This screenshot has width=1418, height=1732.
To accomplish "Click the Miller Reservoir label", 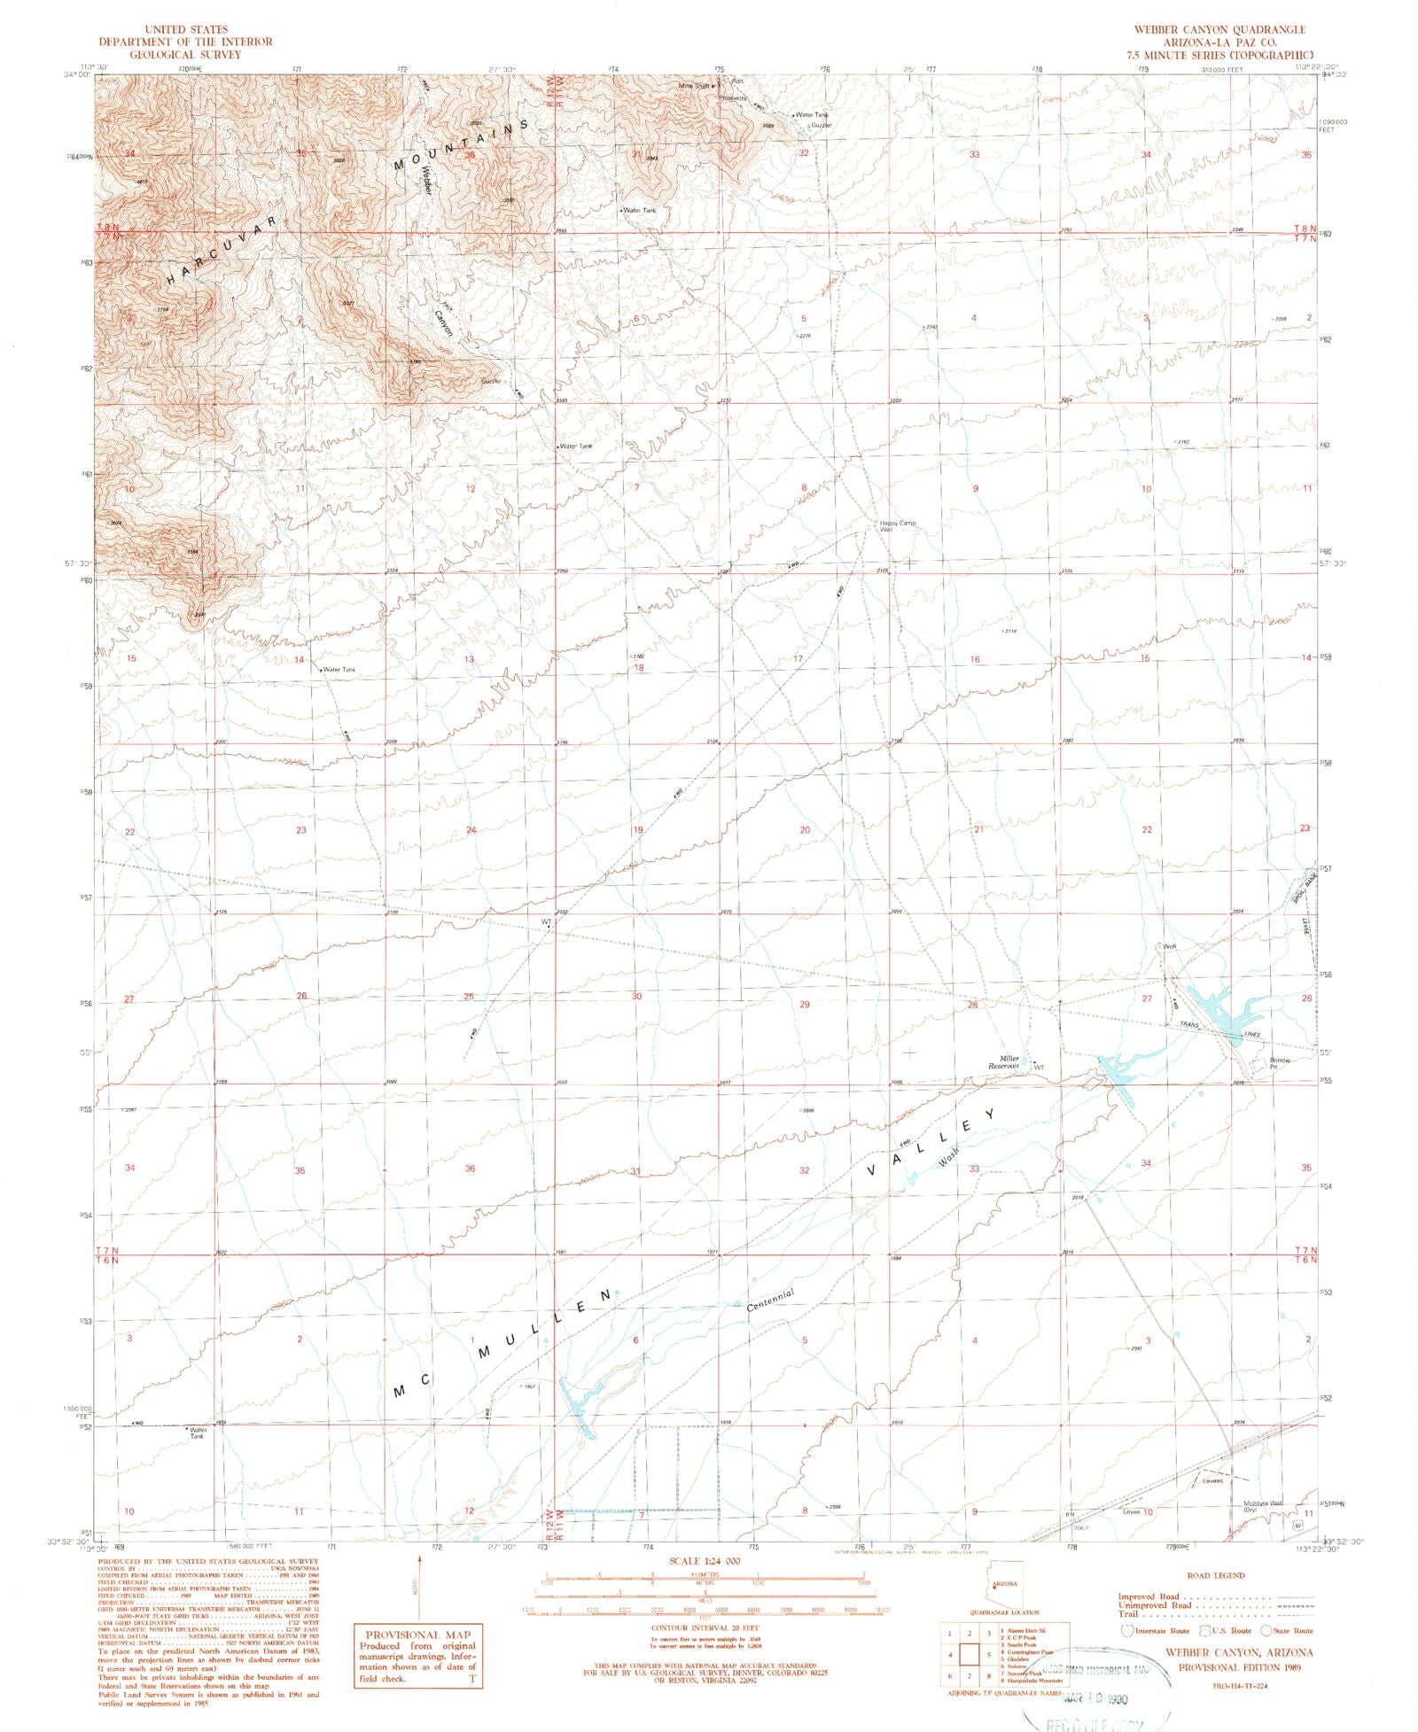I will (x=1008, y=1061).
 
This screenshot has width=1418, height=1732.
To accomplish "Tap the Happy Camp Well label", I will (x=897, y=526).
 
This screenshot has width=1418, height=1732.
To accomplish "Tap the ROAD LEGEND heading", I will (x=1215, y=1575).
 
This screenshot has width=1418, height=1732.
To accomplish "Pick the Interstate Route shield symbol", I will (x=1127, y=1631).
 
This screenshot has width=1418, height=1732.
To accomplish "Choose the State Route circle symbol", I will (x=1266, y=1631).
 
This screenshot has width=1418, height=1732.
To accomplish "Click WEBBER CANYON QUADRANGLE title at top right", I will (x=1219, y=30).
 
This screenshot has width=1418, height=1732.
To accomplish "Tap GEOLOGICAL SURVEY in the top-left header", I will (x=184, y=54).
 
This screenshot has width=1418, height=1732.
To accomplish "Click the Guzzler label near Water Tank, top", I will (x=821, y=126).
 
